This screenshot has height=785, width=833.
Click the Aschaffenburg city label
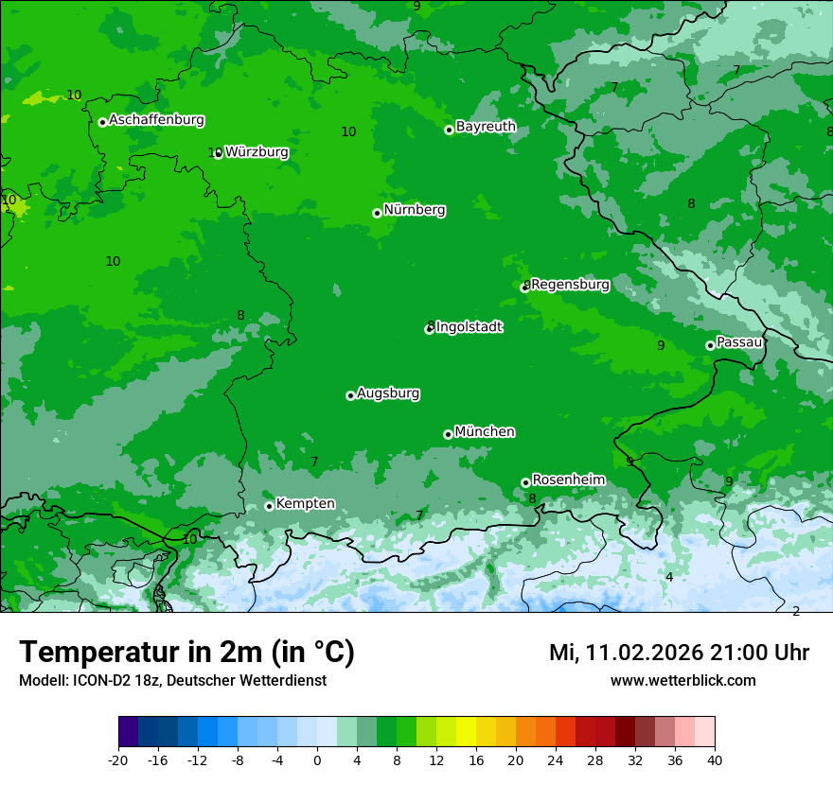(156, 120)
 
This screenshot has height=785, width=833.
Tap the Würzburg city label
(257, 152)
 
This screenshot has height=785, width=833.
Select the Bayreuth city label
(486, 127)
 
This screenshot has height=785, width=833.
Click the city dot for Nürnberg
(377, 213)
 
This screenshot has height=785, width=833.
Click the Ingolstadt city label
(469, 327)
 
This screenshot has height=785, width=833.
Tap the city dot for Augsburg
(350, 395)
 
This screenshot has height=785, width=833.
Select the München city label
(485, 432)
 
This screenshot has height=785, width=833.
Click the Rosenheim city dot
(525, 482)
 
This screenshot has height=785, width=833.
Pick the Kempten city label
(305, 504)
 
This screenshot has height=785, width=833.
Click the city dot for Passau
(710, 345)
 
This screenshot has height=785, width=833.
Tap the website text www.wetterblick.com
(682, 681)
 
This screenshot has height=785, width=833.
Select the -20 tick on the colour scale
(118, 760)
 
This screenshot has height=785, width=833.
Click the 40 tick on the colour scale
(715, 760)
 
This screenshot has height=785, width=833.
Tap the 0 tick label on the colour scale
(317, 760)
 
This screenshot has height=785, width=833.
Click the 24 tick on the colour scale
(556, 760)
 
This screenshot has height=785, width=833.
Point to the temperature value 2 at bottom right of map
(796, 611)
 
